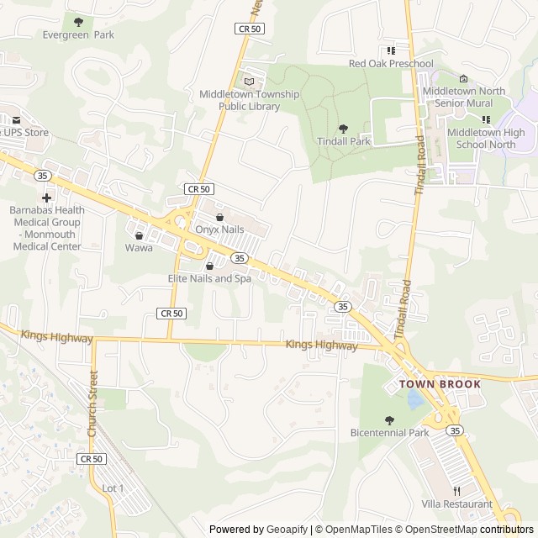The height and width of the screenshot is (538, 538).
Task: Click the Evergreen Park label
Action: [x=78, y=35]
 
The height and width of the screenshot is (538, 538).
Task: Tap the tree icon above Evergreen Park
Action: [x=79, y=22]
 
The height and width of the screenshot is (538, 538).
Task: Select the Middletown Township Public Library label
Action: [x=249, y=100]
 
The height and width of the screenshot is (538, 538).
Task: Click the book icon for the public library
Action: [x=249, y=81]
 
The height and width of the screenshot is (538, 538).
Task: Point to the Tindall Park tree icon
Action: [x=343, y=129]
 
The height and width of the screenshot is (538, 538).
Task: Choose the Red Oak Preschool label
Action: [x=391, y=64]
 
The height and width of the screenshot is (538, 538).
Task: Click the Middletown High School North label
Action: [x=486, y=139]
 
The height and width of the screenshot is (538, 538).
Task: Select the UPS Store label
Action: [x=25, y=133]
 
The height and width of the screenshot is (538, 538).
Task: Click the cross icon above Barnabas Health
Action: [x=46, y=197]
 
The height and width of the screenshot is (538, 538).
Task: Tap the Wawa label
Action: [x=139, y=248]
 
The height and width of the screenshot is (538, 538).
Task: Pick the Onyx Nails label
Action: [x=219, y=229]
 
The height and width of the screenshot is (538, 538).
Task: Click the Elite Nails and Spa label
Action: [x=209, y=278]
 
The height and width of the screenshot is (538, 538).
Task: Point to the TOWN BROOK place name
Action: [x=440, y=384]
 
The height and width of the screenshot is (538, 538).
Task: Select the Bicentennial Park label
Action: [x=389, y=433]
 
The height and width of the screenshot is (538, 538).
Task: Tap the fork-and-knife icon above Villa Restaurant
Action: [x=457, y=491]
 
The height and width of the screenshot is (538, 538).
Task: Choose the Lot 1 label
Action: [x=113, y=488]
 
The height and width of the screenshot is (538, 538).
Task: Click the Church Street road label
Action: [x=92, y=403]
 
